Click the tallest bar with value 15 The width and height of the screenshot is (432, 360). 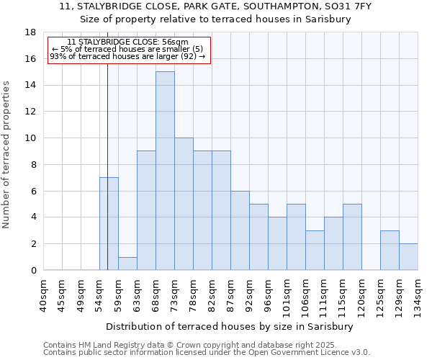click(165, 171)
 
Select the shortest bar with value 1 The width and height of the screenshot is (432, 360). click(127, 264)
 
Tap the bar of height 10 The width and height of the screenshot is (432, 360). click(184, 204)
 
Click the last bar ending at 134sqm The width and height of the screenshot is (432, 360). click(408, 257)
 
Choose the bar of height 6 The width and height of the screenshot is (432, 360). click(240, 230)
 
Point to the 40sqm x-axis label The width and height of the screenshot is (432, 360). click(43, 295)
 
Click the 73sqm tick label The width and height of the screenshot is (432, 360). click(174, 295)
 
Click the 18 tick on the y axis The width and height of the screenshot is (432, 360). click(30, 32)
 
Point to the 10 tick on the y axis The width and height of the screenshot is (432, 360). click(30, 138)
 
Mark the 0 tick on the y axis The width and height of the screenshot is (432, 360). click(32, 271)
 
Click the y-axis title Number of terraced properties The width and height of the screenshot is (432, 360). click(7, 155)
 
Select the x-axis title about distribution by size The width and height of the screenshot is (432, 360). click(235, 326)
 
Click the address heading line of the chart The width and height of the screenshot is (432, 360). click(215, 6)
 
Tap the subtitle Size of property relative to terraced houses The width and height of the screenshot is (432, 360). click(215, 19)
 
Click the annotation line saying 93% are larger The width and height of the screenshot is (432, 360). click(127, 56)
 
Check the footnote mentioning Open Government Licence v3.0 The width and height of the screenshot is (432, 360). click(207, 353)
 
